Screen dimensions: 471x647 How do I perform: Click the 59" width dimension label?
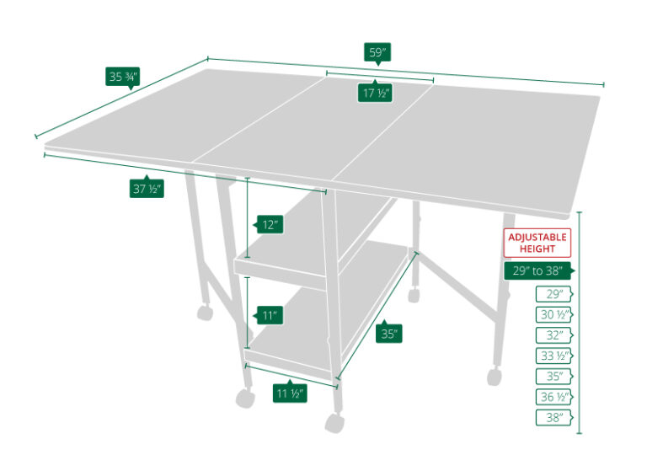(x=377, y=52)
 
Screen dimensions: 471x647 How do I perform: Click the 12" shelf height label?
(x=270, y=225)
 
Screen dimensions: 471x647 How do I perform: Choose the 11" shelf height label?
(x=270, y=316)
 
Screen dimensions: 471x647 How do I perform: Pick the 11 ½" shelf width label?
(x=289, y=393)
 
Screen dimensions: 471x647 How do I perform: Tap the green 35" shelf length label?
(x=389, y=334)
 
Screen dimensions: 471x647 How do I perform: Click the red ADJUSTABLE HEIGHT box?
(x=537, y=243)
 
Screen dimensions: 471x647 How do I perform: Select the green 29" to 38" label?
(x=537, y=270)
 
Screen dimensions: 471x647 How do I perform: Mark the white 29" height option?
(x=553, y=294)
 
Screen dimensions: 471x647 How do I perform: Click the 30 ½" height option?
(x=553, y=314)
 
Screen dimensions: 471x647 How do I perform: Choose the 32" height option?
(x=553, y=335)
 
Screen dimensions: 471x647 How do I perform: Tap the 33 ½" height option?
(x=553, y=356)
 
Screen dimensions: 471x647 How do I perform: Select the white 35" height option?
(x=553, y=376)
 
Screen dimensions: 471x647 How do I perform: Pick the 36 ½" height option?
(x=553, y=397)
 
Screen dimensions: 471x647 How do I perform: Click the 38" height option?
(x=553, y=417)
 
